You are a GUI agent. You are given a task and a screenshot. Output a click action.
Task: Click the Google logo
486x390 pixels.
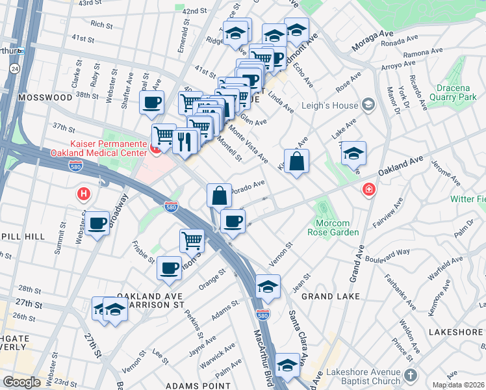click(x=22, y=382)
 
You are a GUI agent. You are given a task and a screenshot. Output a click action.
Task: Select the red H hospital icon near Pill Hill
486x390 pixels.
click(x=83, y=193)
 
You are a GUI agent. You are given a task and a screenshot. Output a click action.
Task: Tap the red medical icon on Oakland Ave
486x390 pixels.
click(x=368, y=189)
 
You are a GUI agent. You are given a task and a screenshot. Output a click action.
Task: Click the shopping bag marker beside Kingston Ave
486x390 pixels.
click(x=296, y=162)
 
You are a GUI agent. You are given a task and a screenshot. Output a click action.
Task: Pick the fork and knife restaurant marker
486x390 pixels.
click(x=185, y=141)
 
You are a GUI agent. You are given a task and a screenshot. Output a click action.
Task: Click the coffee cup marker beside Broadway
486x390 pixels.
click(x=97, y=224)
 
